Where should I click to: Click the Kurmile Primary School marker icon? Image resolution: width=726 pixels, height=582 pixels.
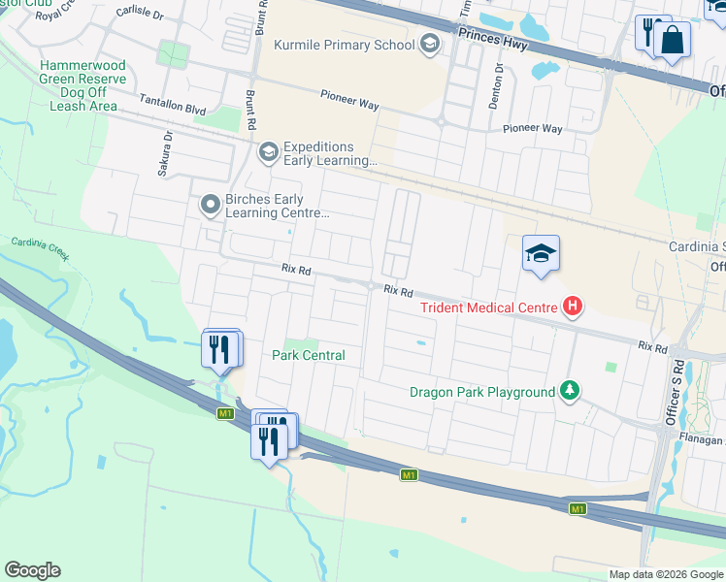(x=429, y=44)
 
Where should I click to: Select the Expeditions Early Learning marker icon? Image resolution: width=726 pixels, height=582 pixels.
(x=268, y=152)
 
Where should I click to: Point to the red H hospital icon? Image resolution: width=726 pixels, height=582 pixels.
(x=573, y=307)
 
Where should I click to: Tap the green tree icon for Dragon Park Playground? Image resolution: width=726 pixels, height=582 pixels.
(x=570, y=392)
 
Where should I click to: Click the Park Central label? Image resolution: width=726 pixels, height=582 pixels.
(x=309, y=355)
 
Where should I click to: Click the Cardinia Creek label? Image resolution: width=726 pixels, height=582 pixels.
(x=38, y=248)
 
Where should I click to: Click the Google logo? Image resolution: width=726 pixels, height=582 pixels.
(x=32, y=570)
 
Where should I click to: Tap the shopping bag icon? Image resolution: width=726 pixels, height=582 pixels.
(x=671, y=41)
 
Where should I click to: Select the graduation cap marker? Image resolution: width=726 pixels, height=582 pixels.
(x=541, y=254)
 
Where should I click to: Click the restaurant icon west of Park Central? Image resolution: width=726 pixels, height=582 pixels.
(x=221, y=349)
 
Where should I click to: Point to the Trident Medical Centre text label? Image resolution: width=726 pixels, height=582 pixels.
(x=488, y=308)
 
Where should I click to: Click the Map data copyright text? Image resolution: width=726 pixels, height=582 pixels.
(x=666, y=574)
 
